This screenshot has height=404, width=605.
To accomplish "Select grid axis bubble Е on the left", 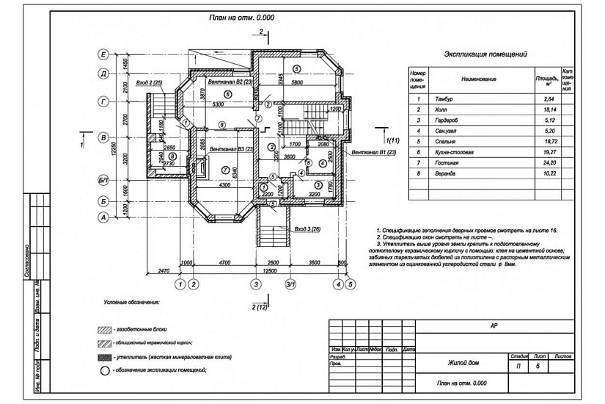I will (x=103, y=55).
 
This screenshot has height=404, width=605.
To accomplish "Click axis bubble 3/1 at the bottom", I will (x=290, y=284).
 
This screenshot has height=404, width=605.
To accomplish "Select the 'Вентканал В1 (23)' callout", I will (x=375, y=152).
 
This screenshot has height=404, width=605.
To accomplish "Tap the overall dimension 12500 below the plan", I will (x=271, y=270).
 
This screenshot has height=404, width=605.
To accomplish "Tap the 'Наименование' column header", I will (x=479, y=79).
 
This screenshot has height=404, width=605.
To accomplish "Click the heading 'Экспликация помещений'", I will (x=486, y=54).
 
